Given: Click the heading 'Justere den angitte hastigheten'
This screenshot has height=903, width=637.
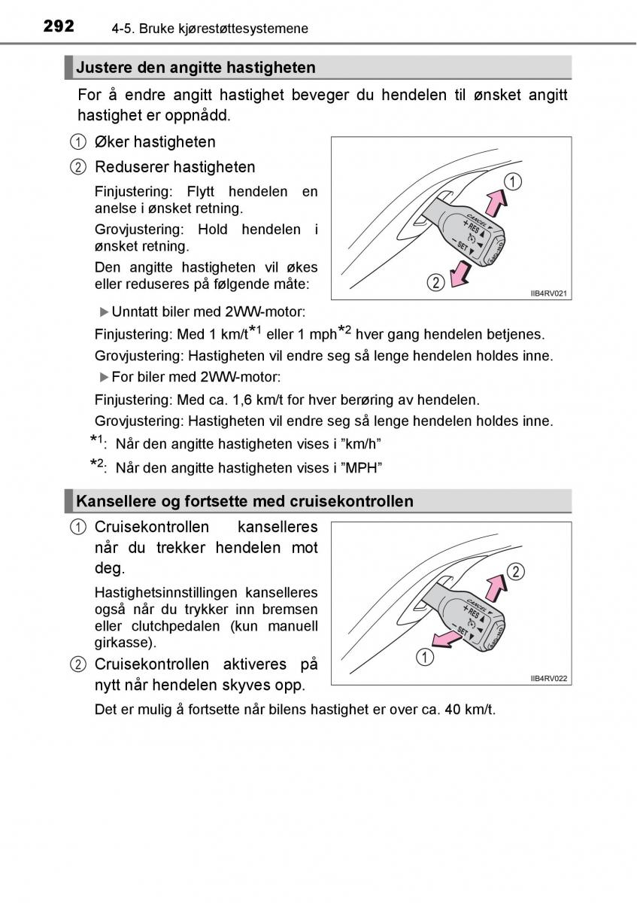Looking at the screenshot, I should pos(196,68).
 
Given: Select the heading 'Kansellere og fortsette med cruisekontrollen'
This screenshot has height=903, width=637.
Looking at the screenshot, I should pos(244,501).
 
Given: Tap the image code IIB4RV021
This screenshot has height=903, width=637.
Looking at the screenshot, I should pos(548,293).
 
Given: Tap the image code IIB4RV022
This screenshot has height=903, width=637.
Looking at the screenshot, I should pos(548,678).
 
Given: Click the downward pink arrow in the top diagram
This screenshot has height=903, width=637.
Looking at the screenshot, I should pos(459,272).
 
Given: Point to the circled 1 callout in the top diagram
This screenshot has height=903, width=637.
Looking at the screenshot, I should pos(512,181).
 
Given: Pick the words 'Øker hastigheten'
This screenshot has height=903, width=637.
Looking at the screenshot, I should pos(155,141).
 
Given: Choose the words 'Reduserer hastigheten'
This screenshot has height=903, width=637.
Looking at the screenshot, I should pos(174,167).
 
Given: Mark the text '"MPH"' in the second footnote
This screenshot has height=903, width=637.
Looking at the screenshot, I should pos(362,468).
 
